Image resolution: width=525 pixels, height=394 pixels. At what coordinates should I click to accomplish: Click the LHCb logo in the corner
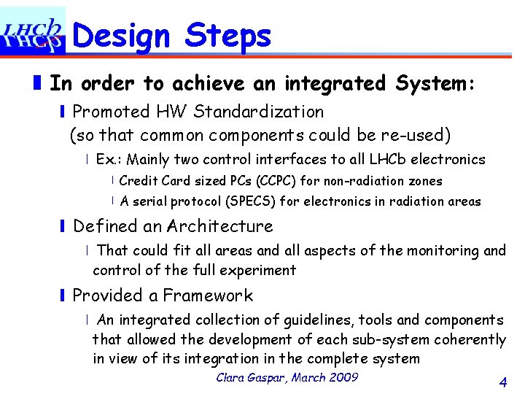click(33, 31)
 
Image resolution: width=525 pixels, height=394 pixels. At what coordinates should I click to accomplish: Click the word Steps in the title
click(227, 35)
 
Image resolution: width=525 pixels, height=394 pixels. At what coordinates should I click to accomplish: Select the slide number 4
click(502, 382)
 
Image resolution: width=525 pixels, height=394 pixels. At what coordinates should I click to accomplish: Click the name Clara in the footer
click(233, 377)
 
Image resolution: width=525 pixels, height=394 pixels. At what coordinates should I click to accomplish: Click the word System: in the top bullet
click(436, 83)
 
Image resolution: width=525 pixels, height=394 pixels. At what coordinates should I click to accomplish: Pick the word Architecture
click(219, 227)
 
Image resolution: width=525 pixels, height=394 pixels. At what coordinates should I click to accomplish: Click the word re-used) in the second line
click(419, 135)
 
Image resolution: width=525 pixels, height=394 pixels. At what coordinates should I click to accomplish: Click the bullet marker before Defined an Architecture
click(63, 227)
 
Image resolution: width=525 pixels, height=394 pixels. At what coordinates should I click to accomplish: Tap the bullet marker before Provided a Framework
click(63, 295)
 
